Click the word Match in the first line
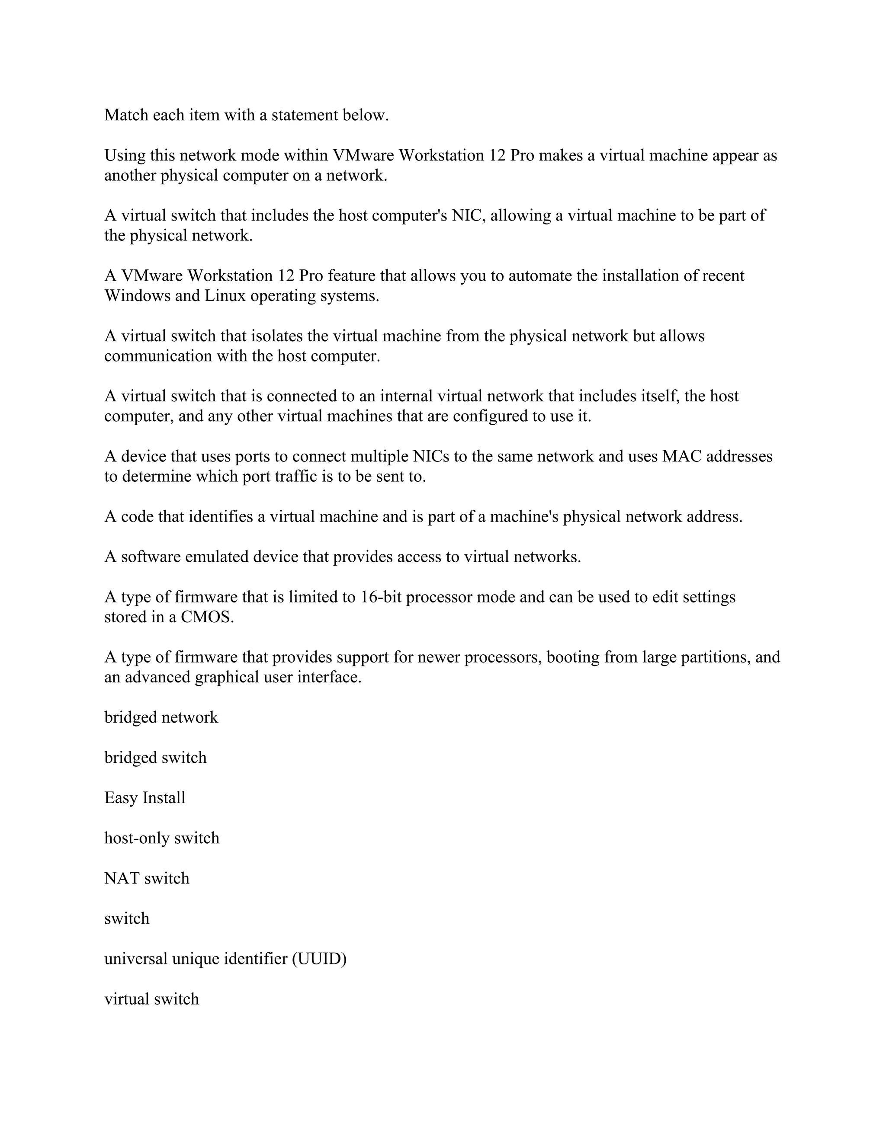tap(126, 115)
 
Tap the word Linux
tap(225, 296)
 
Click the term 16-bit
tap(381, 597)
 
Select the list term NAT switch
tap(147, 878)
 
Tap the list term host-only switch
tap(162, 838)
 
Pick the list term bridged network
tap(161, 718)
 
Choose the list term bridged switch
tap(155, 758)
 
